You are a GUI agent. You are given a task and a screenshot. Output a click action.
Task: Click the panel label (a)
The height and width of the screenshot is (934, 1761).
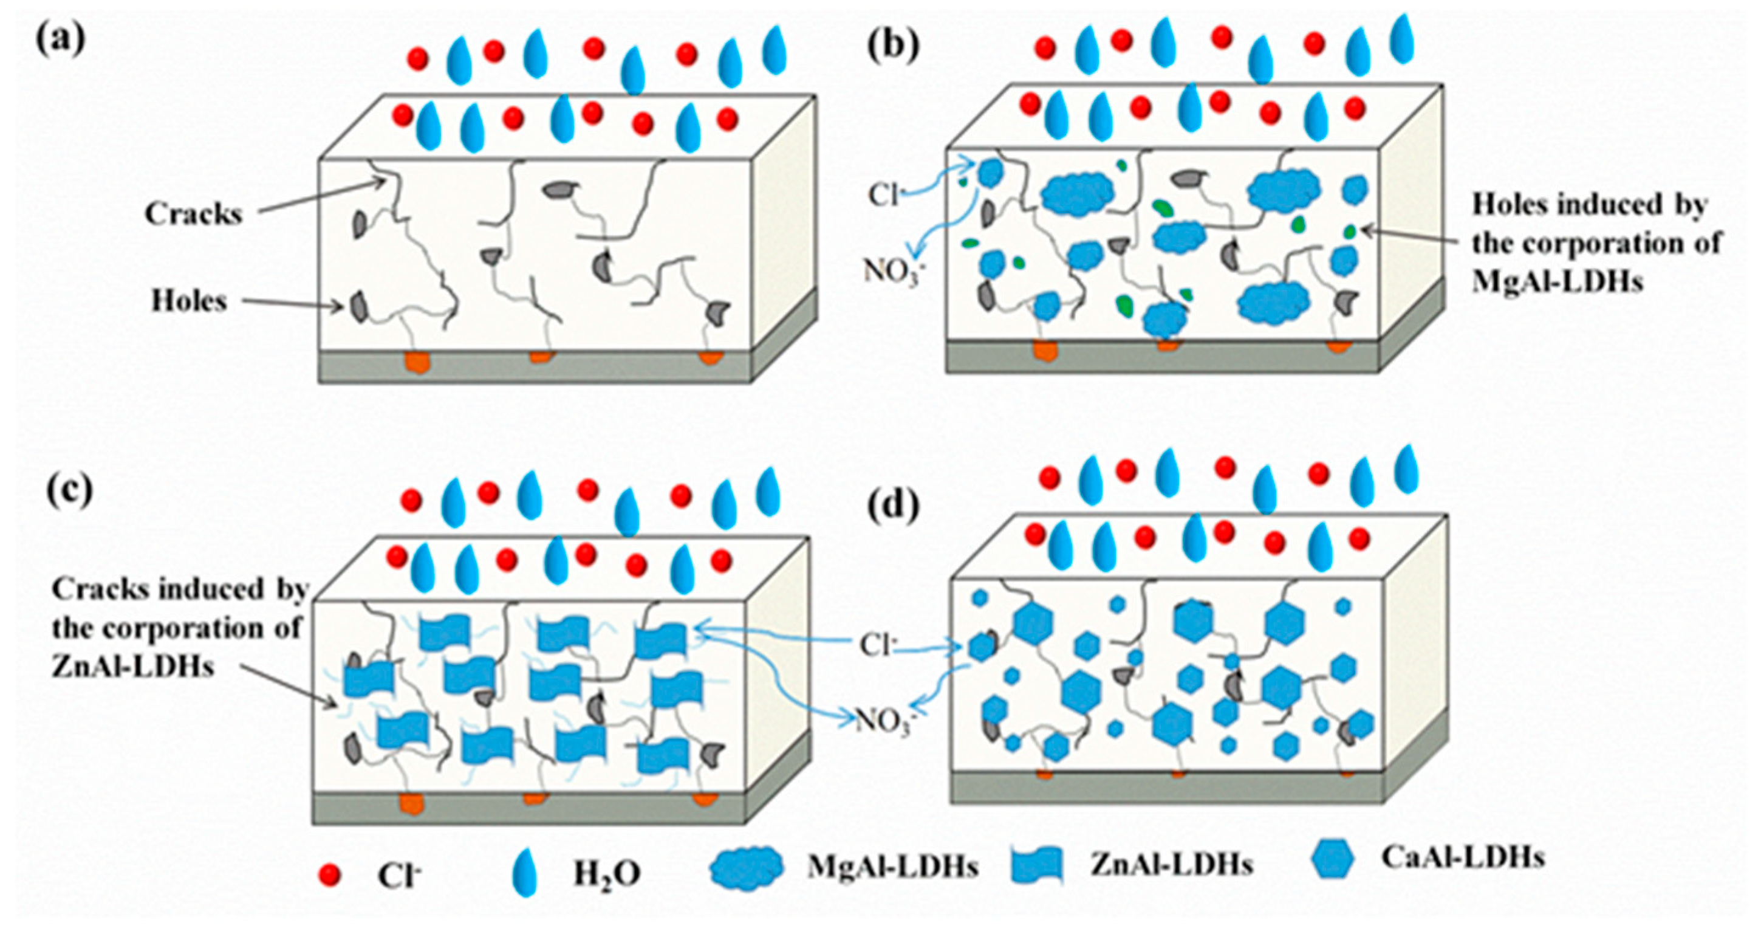click(60, 39)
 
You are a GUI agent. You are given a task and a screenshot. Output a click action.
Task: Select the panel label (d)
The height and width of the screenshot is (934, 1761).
click(893, 507)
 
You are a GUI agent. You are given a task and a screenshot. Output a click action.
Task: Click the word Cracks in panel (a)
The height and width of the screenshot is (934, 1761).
click(193, 214)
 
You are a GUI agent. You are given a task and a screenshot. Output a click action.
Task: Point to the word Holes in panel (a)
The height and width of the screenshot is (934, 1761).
click(189, 301)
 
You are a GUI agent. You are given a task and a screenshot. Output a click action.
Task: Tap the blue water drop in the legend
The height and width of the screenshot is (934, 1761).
click(525, 873)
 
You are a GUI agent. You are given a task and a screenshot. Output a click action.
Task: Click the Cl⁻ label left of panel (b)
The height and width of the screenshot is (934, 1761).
click(883, 195)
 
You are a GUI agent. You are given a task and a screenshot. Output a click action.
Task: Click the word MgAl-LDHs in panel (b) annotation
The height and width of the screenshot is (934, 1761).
click(1558, 281)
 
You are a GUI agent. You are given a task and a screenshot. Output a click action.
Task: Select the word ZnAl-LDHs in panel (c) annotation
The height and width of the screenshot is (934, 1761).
click(132, 666)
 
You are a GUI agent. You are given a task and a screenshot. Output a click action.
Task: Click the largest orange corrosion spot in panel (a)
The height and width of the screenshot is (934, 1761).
click(416, 362)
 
